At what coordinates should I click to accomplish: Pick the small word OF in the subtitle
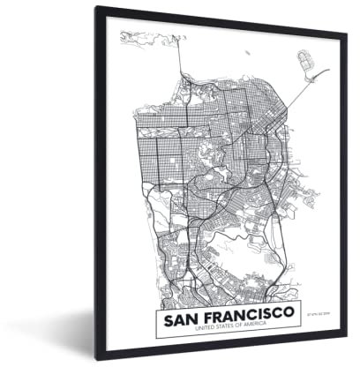click(x=219, y=330)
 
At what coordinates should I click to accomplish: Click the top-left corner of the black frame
click(x=96, y=8)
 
